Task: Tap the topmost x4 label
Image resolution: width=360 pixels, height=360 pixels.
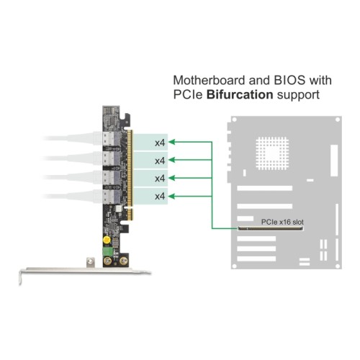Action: (161, 142)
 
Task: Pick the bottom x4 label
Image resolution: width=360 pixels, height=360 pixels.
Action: (161, 196)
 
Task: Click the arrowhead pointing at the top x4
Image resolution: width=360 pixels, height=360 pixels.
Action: (174, 142)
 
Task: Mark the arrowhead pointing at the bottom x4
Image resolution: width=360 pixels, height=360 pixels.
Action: (174, 196)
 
